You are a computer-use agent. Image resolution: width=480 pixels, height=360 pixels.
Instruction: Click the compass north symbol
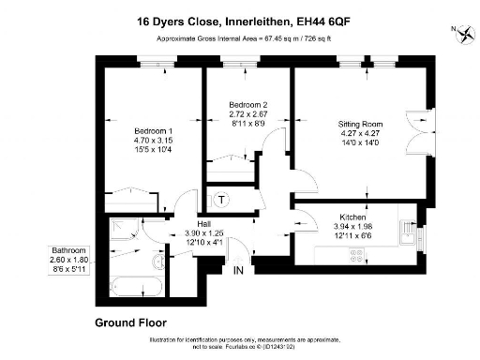click(464, 35)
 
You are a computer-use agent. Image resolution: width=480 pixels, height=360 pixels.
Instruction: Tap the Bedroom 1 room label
click(127, 131)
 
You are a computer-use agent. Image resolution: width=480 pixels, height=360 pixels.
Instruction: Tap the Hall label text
click(202, 223)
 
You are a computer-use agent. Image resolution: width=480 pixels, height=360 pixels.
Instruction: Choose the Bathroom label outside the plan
click(70, 250)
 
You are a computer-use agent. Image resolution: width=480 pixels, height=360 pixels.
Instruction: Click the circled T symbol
click(222, 200)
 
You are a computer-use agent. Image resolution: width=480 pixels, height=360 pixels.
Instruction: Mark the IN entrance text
click(239, 271)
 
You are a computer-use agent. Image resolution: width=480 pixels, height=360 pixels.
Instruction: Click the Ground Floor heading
click(133, 322)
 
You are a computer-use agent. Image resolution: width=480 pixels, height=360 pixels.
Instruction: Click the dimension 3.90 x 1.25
click(202, 233)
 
